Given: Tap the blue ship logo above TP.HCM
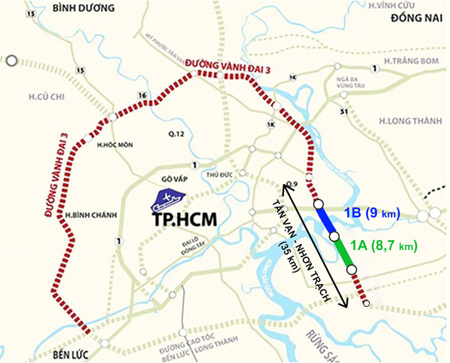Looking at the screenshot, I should tap(169, 198).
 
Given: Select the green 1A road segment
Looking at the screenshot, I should tap(343, 253).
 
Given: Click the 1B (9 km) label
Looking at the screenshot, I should tap(372, 214).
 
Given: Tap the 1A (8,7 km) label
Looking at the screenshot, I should tap(383, 246).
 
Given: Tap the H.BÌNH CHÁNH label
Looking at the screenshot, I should tap(85, 215).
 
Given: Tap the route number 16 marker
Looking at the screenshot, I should tap(143, 96).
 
